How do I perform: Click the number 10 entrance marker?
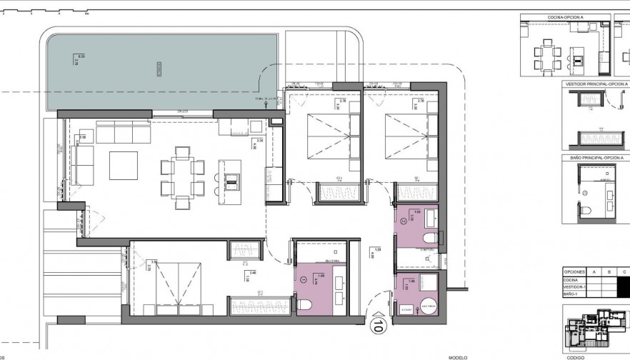click(x=376, y=327)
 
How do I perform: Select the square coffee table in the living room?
click(x=123, y=166)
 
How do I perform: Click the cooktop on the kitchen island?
click(x=232, y=181)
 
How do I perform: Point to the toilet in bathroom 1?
click(x=304, y=305)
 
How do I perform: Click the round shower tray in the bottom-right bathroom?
click(x=428, y=305)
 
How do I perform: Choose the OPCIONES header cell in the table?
click(x=575, y=272)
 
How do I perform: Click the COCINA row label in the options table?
click(x=571, y=280)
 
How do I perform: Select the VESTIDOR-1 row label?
click(x=574, y=287)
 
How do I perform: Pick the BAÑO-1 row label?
click(x=571, y=294)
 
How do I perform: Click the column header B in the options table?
click(x=609, y=272)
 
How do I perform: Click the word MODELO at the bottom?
click(x=457, y=356)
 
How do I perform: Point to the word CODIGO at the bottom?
click(x=575, y=356)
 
